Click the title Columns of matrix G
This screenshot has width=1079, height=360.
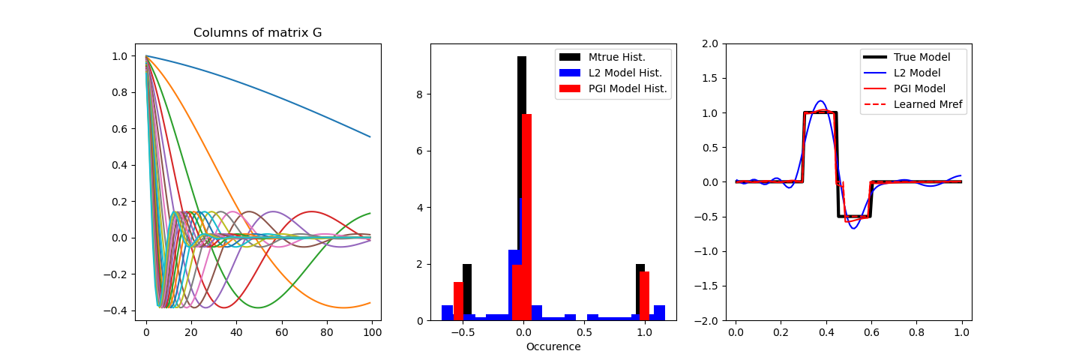pos(258,33)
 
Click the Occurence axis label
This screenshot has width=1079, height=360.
pos(553,346)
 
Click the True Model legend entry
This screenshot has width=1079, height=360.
pos(922,57)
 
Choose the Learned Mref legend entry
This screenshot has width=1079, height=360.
pos(928,104)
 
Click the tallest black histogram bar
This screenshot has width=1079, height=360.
pos(521,187)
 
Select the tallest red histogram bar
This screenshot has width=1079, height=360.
pos(526,217)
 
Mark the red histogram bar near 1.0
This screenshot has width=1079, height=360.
pos(644,296)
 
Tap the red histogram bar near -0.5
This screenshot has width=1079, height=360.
pos(458,301)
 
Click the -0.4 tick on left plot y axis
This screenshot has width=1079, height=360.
pos(120,310)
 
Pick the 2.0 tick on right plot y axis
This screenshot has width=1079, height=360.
pos(711,43)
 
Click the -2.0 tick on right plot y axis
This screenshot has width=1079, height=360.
pos(709,320)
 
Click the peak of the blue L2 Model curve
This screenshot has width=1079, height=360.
pos(820,101)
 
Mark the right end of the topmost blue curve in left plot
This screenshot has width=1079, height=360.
pos(370,136)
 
